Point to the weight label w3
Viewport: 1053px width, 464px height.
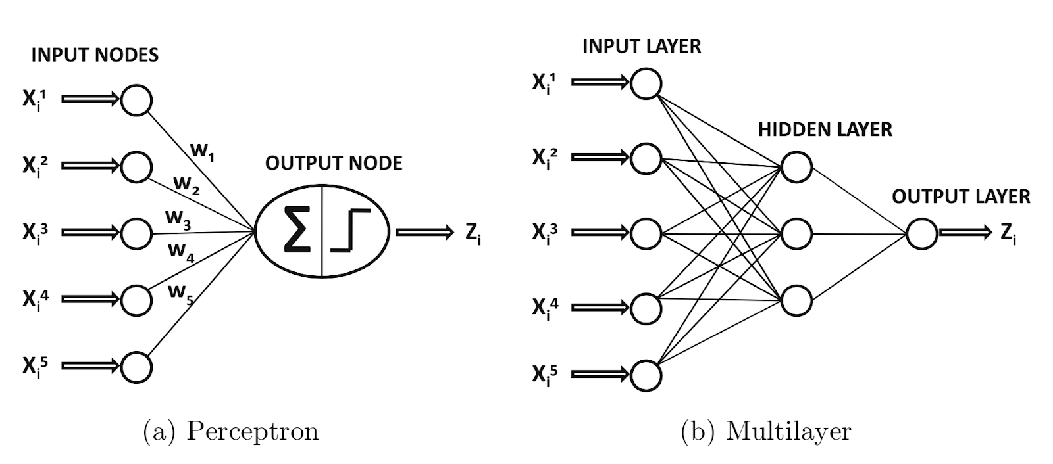pos(178,218)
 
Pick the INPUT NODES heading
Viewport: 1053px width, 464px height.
pos(95,55)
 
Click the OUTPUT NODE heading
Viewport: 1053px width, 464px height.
pos(334,163)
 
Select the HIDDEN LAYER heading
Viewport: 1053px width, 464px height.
pos(825,129)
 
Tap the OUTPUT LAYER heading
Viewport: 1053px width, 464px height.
pos(961,197)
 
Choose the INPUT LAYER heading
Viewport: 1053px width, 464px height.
pos(642,46)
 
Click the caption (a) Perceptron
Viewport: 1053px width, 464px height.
pos(231,431)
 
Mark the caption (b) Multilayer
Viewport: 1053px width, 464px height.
pos(766,431)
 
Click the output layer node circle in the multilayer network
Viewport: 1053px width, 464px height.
pos(921,233)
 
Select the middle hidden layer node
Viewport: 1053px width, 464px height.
pos(796,233)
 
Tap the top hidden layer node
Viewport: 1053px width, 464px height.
pos(796,166)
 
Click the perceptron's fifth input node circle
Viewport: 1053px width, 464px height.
pos(137,366)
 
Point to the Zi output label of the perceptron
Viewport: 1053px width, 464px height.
pos(473,233)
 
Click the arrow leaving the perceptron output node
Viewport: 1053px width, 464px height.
pos(424,232)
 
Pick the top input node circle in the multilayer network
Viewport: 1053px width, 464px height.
pos(646,83)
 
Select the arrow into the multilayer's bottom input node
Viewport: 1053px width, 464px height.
pos(600,375)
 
